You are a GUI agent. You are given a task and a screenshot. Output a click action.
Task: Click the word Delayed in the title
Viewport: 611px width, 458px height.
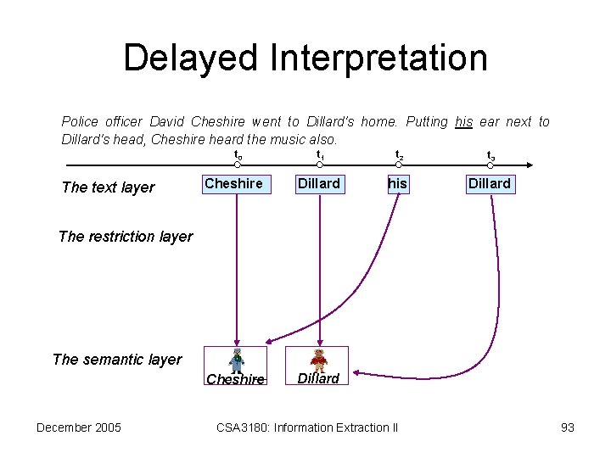190,58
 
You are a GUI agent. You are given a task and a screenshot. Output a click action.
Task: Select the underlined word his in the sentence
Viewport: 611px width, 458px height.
463,122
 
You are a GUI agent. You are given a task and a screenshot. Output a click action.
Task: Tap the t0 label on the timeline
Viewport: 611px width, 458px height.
238,155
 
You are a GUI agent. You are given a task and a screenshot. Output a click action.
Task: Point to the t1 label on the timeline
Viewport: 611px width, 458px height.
320,155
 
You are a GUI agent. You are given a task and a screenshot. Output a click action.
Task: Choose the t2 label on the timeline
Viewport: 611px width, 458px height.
400,155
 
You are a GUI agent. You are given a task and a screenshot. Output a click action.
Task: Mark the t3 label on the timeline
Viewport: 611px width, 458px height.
490,155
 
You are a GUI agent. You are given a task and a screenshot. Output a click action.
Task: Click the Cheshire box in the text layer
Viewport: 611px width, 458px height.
233,184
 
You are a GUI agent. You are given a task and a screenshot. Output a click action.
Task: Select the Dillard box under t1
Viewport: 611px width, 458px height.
319,184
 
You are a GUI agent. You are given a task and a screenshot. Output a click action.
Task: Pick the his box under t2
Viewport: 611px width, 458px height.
397,184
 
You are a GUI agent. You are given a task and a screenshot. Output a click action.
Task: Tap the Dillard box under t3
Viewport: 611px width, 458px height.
490,184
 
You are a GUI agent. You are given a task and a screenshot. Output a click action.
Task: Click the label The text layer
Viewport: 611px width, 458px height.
109,187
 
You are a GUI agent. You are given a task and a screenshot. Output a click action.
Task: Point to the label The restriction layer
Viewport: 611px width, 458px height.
126,237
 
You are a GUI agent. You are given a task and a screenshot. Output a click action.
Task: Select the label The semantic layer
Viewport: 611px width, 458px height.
117,360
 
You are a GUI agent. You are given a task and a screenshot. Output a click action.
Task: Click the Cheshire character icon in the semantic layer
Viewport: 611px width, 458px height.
236,360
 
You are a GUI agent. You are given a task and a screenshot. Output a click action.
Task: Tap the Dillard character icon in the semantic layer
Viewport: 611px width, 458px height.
319,360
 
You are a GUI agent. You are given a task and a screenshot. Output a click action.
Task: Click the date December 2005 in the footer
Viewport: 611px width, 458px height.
79,427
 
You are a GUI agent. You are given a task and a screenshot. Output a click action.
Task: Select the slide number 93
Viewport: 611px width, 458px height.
568,427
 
